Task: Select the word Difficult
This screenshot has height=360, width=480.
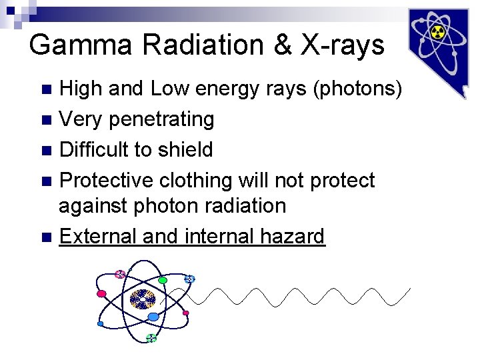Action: (94, 149)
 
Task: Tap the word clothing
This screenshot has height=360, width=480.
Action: (193, 180)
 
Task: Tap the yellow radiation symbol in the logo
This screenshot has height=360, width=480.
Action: (437, 31)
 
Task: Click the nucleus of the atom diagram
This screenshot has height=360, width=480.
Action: (142, 299)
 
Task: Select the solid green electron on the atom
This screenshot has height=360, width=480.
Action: (162, 281)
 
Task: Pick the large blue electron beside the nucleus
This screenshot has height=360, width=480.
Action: (153, 317)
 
